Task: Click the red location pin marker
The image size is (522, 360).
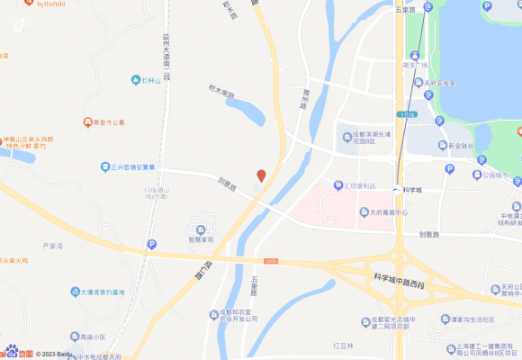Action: tap(261, 175)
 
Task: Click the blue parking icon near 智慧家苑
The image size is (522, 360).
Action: tap(151, 244)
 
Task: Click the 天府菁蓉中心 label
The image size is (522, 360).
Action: tap(388, 213)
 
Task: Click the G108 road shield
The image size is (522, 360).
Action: tap(272, 261)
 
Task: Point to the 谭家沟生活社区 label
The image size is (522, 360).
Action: tap(472, 319)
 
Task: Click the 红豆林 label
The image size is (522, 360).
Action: tap(343, 346)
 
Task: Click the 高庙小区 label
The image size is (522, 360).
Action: tap(91, 337)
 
